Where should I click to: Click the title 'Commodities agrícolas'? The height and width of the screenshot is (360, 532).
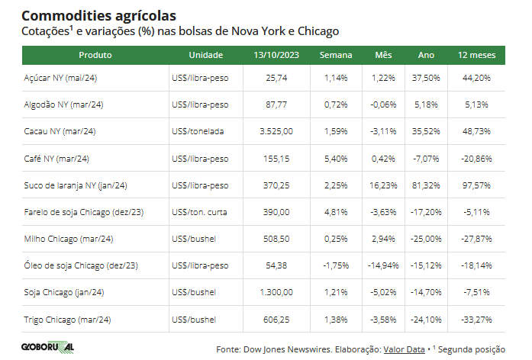point(98,15)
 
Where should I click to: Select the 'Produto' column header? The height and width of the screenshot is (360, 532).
point(95,56)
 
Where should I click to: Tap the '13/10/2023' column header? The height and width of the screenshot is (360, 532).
point(276,56)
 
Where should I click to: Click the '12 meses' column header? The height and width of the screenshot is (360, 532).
point(476,56)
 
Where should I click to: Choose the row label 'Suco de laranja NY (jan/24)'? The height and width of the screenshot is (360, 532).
point(76,185)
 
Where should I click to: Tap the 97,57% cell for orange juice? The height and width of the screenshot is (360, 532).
point(476,185)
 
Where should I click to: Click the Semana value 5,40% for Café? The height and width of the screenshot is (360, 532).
point(336,159)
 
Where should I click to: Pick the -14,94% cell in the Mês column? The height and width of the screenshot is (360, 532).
point(382,266)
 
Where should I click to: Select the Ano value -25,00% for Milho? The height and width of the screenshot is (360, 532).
point(427,239)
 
